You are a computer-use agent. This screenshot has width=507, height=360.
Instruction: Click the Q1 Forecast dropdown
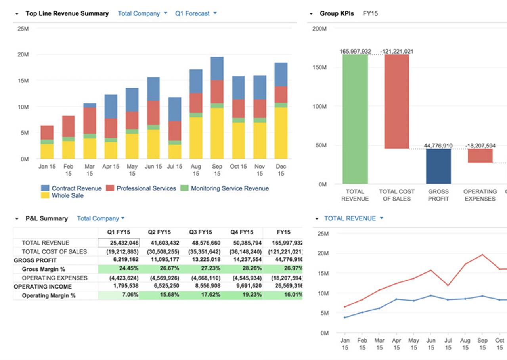(196, 13)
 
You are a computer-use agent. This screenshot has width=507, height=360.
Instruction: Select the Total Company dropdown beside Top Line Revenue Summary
(142, 13)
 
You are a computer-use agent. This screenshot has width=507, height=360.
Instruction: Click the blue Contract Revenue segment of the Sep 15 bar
(217, 69)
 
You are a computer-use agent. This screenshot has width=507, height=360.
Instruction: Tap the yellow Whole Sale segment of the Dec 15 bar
(281, 133)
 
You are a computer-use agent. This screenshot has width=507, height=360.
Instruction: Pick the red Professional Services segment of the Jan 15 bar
(47, 132)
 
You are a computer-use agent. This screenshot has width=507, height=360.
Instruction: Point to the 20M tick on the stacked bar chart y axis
(23, 54)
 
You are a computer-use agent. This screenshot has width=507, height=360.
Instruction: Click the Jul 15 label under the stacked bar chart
(174, 167)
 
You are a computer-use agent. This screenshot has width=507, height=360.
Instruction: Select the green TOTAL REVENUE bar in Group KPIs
(355, 119)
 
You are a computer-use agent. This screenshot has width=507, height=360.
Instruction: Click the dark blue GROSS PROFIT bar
(438, 166)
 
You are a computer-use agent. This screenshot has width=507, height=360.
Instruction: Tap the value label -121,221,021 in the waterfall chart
(396, 51)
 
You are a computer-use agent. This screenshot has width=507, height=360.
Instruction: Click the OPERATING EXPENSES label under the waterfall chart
(480, 195)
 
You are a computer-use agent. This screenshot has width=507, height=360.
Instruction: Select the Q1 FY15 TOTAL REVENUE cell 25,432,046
(119, 243)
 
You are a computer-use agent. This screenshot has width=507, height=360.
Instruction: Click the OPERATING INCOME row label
(43, 287)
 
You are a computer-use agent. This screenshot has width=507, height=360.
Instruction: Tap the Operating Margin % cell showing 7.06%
(119, 295)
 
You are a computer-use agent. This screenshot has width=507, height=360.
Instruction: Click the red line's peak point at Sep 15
(482, 255)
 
